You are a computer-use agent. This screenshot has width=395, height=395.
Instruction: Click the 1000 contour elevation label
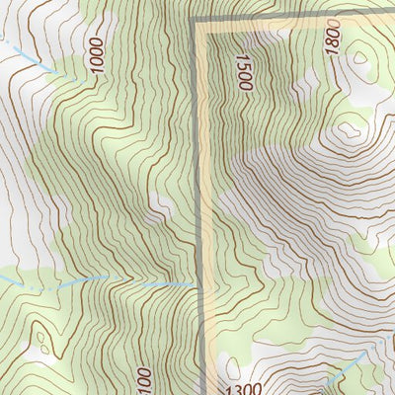coord(96,56)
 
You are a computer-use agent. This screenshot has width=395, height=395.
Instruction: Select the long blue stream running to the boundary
coord(99,280)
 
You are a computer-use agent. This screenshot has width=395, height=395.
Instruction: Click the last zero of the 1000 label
coord(96,43)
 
